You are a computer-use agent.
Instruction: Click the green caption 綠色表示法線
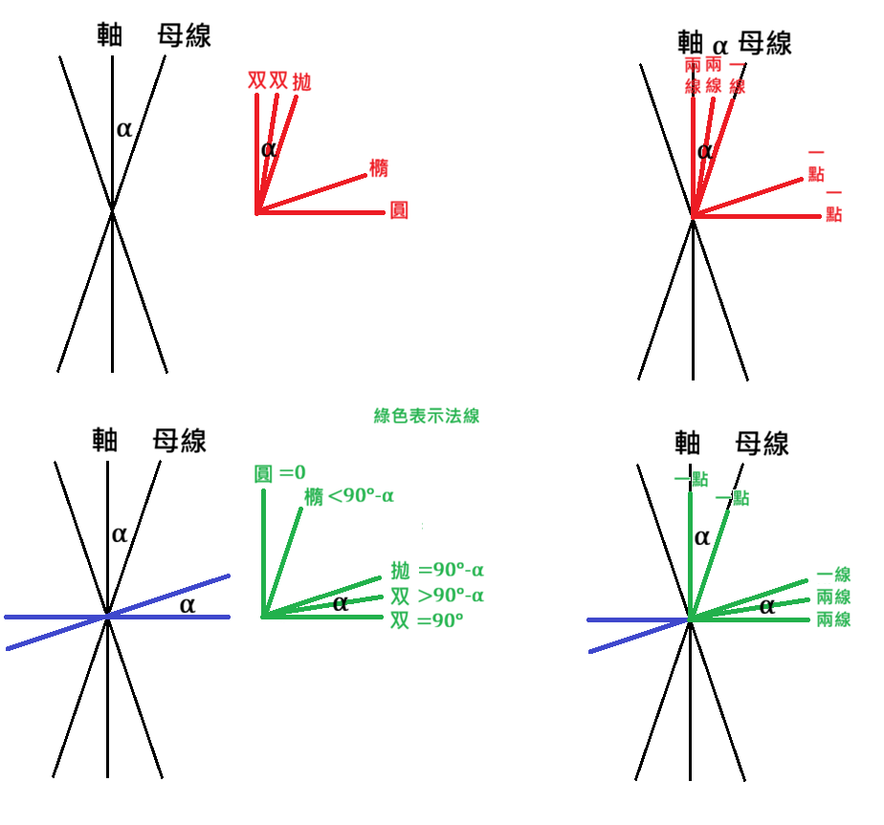[x=427, y=416]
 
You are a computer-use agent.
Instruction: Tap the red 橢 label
[x=379, y=168]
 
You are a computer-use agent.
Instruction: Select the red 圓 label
[x=399, y=210]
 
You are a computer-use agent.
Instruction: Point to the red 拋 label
[x=301, y=81]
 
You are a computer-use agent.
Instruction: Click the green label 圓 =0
[x=279, y=473]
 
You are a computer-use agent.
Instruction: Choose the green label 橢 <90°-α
[x=349, y=496]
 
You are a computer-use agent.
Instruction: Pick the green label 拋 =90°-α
[x=437, y=571]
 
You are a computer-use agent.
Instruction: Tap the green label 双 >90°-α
[x=437, y=596]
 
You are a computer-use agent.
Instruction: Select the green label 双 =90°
[x=427, y=620]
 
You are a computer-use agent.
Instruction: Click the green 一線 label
[x=834, y=575]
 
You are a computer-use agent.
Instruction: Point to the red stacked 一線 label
[x=738, y=76]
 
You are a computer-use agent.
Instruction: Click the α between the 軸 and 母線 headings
[x=720, y=46]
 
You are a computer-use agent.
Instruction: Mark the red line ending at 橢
[x=312, y=194]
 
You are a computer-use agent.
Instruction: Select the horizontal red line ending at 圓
[x=320, y=212]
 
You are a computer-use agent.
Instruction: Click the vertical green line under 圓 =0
[x=263, y=554]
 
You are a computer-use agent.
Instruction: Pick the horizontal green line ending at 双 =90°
[x=321, y=617]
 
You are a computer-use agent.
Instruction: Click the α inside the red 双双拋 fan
[x=268, y=149]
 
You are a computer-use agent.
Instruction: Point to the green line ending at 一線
[x=748, y=599]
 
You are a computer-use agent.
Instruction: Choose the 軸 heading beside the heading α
[x=690, y=43]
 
